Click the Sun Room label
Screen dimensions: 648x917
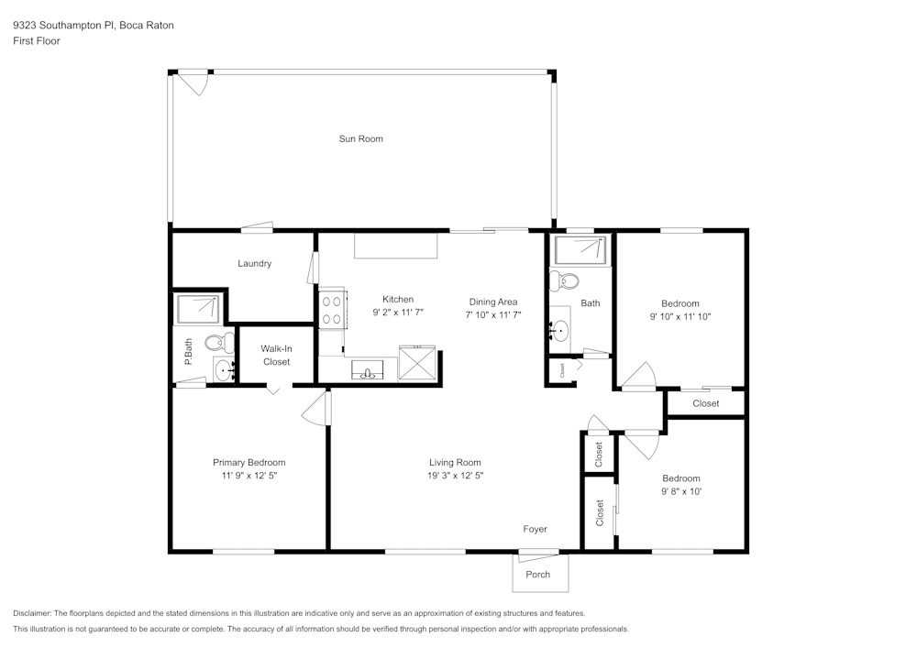[x=360, y=139]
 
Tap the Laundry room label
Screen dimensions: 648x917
[x=254, y=264]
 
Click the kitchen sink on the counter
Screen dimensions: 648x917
[x=369, y=371]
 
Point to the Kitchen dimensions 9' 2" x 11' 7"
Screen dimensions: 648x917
[x=398, y=313]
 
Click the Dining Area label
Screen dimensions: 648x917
[x=493, y=302]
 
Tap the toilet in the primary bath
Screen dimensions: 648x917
[x=215, y=344]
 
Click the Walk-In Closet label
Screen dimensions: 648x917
[x=276, y=355]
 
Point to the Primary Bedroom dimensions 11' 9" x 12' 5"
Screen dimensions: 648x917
[x=249, y=476]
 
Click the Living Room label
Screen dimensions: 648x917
[x=455, y=463]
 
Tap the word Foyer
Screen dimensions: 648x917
[x=535, y=529]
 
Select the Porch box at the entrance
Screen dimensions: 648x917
[x=539, y=574]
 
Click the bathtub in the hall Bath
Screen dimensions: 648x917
[x=580, y=249]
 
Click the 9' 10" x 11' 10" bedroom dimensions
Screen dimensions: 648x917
[x=680, y=316]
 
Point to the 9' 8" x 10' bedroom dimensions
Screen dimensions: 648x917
[x=681, y=491]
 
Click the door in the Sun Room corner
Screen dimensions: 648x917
[x=193, y=82]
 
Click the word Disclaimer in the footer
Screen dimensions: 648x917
[x=32, y=613]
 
